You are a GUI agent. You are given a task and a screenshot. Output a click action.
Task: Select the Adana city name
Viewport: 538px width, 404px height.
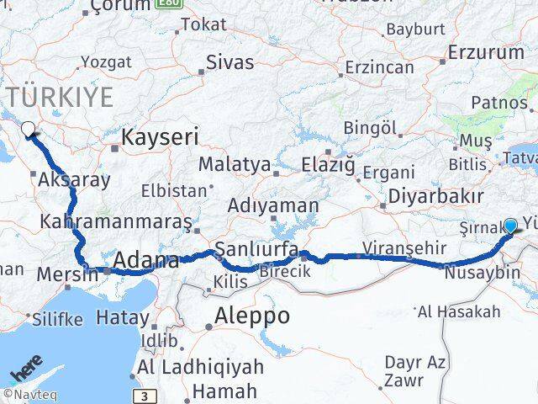[x=146, y=260]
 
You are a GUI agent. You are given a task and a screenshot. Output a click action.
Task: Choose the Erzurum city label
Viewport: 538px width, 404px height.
[x=487, y=52]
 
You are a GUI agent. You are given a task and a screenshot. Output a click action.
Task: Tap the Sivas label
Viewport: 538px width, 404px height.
[x=229, y=61]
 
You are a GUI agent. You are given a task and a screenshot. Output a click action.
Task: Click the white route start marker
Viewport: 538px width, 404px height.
[x=29, y=130]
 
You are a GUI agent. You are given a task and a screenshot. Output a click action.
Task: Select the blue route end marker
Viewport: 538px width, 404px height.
[x=510, y=226]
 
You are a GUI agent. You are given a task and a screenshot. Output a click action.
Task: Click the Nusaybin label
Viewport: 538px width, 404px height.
[x=477, y=274]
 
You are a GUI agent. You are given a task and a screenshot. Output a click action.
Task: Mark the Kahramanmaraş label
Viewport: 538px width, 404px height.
[x=117, y=222]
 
